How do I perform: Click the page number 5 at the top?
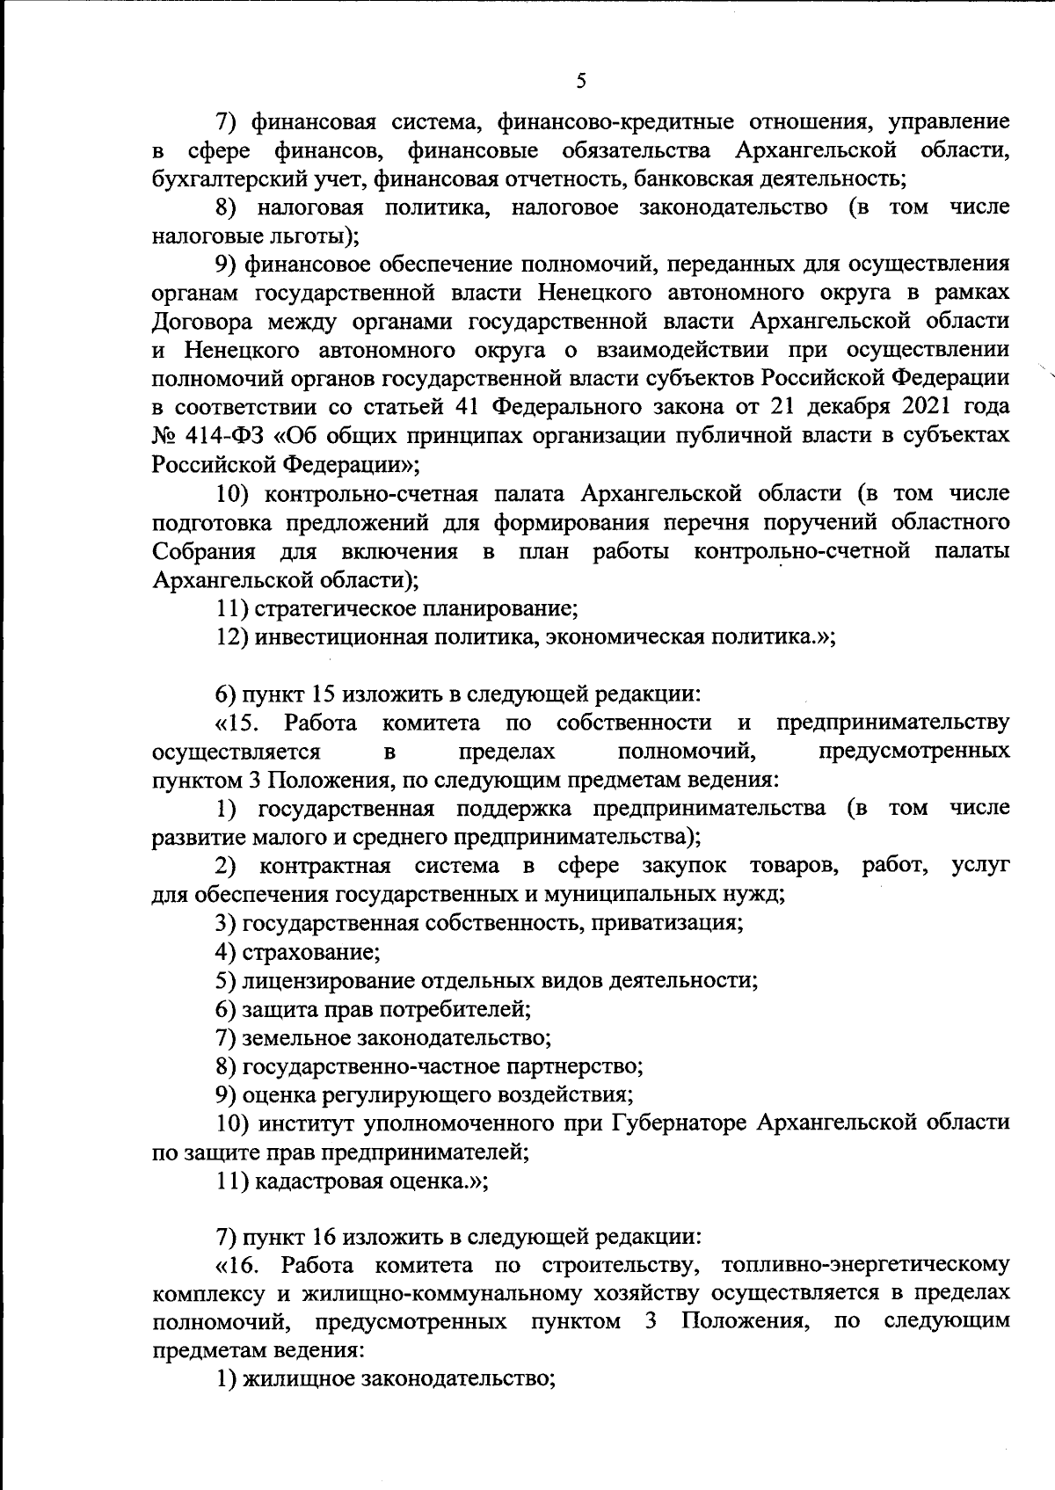(x=579, y=82)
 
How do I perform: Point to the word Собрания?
(x=203, y=551)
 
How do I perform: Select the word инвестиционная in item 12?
(x=338, y=637)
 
